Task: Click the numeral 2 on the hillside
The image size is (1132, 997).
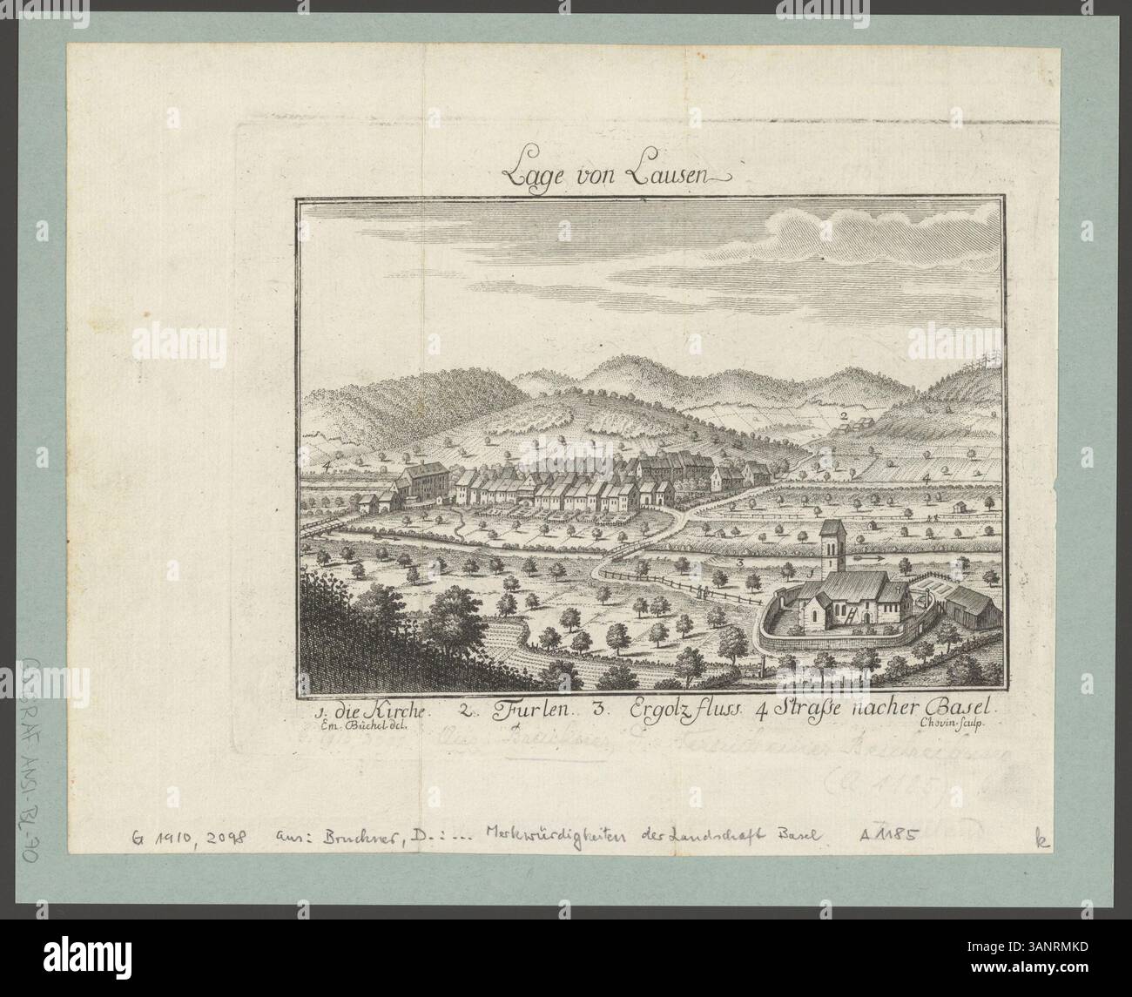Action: pyautogui.click(x=844, y=416)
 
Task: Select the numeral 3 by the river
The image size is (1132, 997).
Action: pyautogui.click(x=739, y=563)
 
